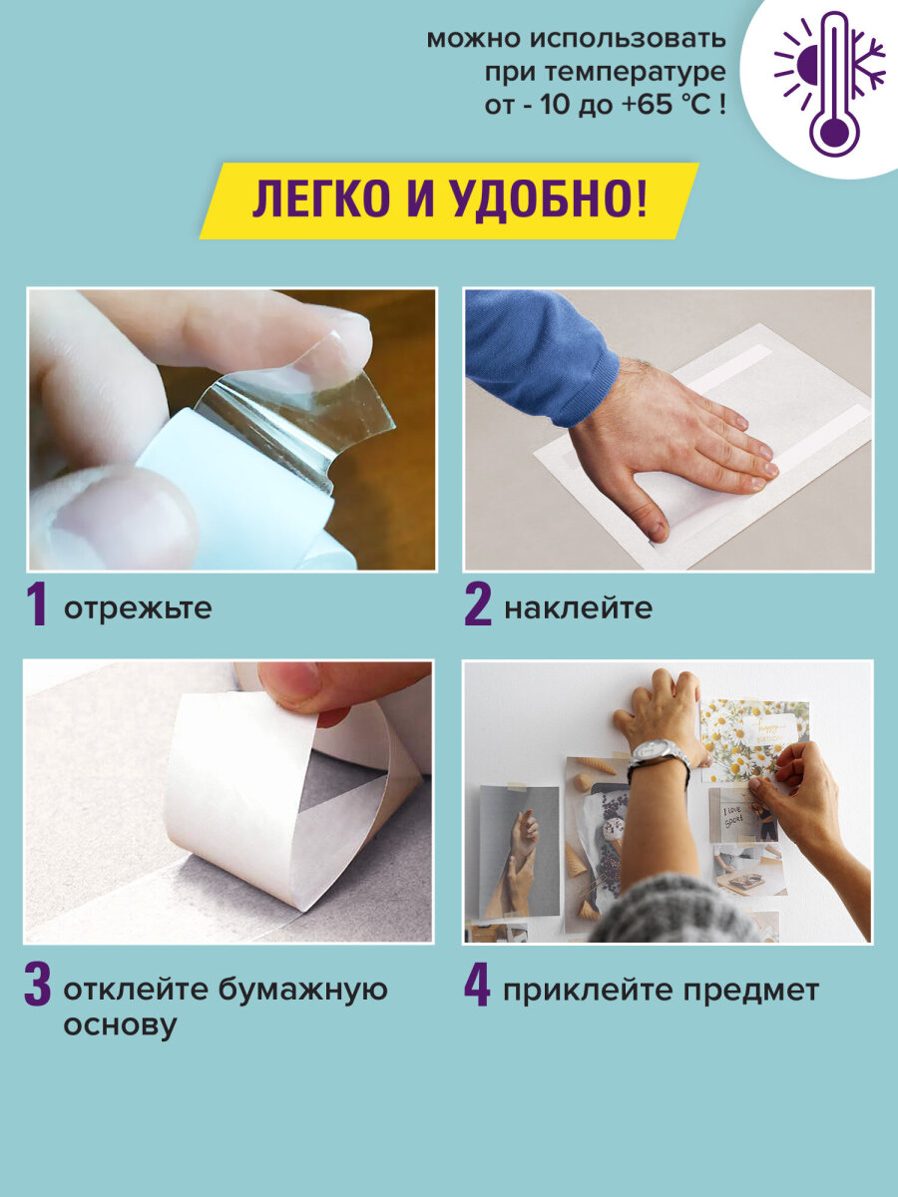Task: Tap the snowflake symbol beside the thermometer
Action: coord(868,62)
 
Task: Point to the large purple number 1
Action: coord(37,605)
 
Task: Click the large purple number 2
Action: coord(478,605)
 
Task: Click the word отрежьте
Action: coord(138,608)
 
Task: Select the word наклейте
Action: coord(579,608)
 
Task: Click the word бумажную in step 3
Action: coord(303,990)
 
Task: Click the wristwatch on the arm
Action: coord(659,757)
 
